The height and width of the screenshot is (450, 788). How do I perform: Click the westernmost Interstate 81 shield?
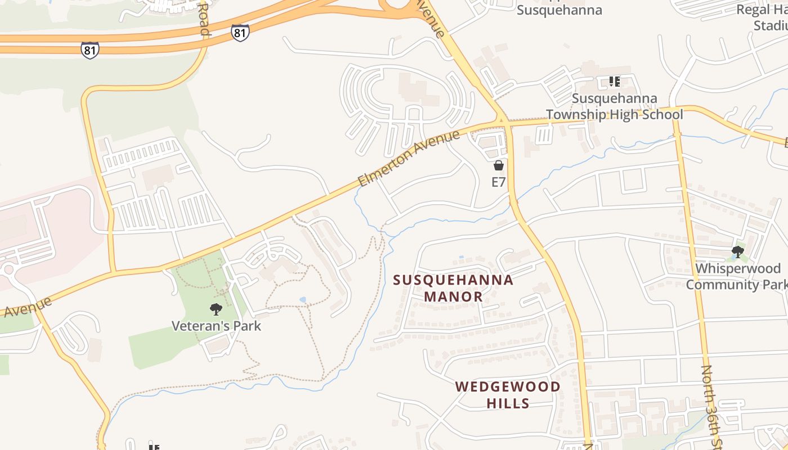pos(89,50)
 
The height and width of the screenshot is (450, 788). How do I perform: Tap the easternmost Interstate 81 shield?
pos(240,33)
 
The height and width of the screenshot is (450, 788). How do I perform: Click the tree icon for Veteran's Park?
pos(215,309)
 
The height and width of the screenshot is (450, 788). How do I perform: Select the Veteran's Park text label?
pos(216,325)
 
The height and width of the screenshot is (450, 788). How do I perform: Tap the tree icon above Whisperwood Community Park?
pos(737,252)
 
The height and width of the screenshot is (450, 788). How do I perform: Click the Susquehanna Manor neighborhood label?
pos(453,288)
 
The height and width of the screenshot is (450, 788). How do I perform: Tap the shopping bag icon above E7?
pos(498,165)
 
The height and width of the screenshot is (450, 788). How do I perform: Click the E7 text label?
pos(499,182)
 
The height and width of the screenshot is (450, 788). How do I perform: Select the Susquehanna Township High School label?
pos(615,106)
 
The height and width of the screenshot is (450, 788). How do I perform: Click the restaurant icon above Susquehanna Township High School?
pos(614,82)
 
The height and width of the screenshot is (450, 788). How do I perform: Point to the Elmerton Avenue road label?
pos(409,159)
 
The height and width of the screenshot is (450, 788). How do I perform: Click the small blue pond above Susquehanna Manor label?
pos(461,257)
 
